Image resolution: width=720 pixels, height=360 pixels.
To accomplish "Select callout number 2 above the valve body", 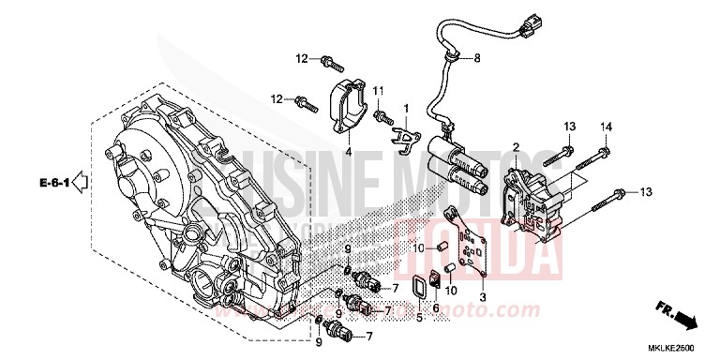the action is (516, 147).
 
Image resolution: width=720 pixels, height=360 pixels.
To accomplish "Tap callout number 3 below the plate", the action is (482, 297).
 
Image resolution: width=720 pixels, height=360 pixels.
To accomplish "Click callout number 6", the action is (435, 307).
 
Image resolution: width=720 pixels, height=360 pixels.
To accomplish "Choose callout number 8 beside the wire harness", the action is (476, 59).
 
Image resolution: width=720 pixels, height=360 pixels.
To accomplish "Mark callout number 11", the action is (380, 90).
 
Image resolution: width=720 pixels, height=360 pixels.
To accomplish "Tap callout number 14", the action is (606, 127).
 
